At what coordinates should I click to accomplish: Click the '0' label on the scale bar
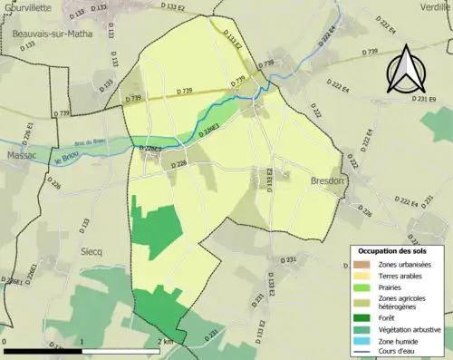(x=5, y=342)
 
